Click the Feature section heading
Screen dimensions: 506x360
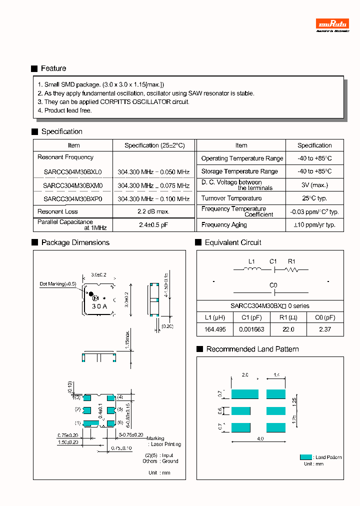tap(53, 68)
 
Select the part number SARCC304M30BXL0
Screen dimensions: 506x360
tap(73, 171)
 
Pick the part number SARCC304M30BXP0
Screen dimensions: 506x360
tap(73, 198)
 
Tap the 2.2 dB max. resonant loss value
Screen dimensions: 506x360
tap(153, 211)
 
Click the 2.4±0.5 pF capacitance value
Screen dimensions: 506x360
tap(153, 225)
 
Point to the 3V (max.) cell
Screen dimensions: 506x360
tap(314, 185)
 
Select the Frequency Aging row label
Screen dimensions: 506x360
tap(224, 225)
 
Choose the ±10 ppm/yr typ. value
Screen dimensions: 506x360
tap(314, 225)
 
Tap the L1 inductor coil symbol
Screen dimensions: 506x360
tap(252, 270)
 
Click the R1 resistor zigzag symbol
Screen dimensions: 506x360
tap(292, 270)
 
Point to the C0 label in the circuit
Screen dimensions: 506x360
tap(273, 285)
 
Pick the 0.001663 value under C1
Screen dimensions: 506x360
tap(252, 329)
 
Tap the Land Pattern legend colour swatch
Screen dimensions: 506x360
tap(305, 457)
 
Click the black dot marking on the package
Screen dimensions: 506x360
tap(91, 293)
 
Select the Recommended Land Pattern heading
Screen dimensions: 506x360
tap(252, 349)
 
